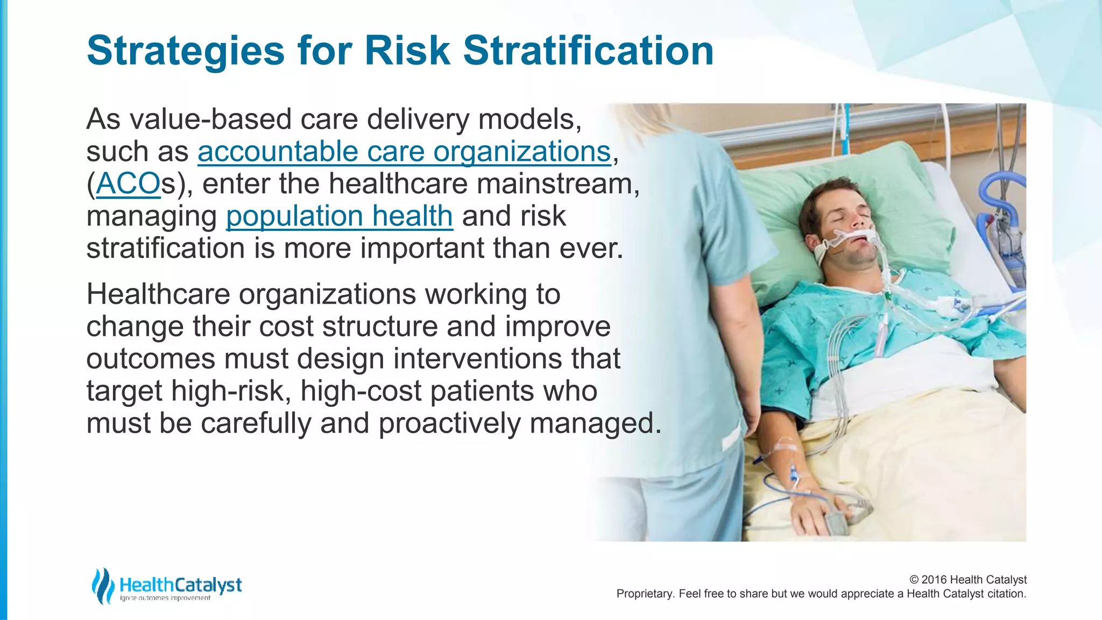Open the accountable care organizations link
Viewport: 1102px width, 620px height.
pyautogui.click(x=404, y=152)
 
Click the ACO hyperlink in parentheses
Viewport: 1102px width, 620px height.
pyautogui.click(x=128, y=184)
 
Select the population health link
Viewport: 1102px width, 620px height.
pyautogui.click(x=339, y=216)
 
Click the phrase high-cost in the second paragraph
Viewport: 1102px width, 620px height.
pyautogui.click(x=361, y=391)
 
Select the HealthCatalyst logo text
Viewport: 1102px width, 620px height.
pyautogui.click(x=180, y=584)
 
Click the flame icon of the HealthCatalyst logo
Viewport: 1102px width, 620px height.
pyautogui.click(x=102, y=586)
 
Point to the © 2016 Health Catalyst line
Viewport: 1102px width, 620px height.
pyautogui.click(x=967, y=580)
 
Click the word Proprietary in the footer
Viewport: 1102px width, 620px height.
pyautogui.click(x=644, y=594)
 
